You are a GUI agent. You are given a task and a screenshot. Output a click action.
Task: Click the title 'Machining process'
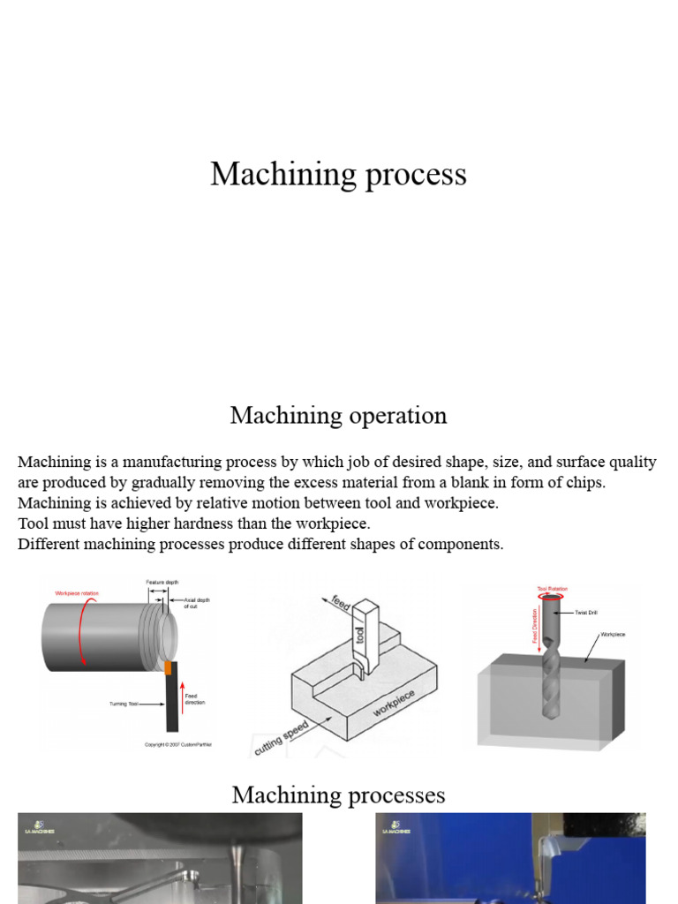click(338, 174)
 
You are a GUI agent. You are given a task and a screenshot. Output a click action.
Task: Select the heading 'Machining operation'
click(338, 415)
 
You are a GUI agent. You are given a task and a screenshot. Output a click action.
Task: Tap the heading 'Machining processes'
click(338, 795)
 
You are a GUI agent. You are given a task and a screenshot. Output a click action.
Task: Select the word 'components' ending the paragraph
click(463, 544)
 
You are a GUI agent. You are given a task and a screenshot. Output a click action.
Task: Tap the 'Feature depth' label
click(162, 583)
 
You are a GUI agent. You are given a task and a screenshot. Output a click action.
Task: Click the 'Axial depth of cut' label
click(196, 603)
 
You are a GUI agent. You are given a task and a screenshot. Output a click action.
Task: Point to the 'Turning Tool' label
click(124, 704)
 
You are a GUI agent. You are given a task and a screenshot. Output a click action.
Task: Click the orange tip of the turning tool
click(167, 668)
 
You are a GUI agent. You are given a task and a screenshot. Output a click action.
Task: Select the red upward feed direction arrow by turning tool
click(180, 694)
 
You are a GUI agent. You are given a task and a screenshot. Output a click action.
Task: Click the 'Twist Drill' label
click(587, 612)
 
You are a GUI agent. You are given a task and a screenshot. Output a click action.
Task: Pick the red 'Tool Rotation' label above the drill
click(552, 588)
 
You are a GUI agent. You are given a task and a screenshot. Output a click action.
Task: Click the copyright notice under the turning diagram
click(178, 744)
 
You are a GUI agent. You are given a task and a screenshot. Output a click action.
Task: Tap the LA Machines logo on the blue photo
click(390, 826)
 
